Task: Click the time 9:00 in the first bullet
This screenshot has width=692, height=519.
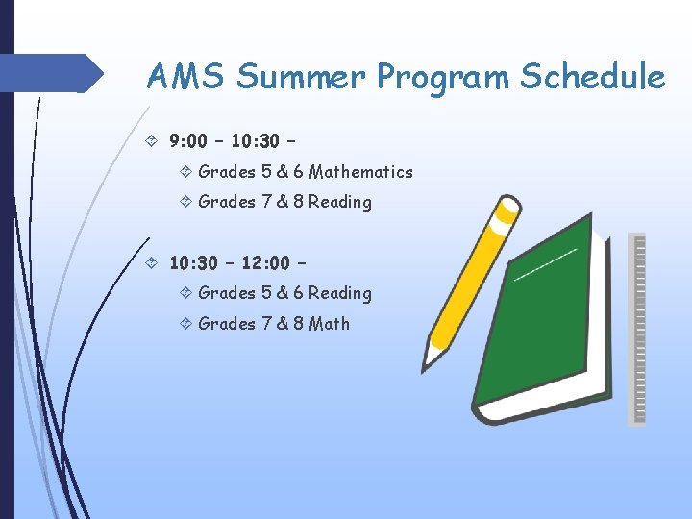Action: pyautogui.click(x=189, y=142)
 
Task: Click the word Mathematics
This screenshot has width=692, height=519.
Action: pyautogui.click(x=360, y=172)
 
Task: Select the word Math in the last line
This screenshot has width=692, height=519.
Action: pyautogui.click(x=330, y=324)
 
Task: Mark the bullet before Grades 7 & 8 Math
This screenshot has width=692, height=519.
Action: pyautogui.click(x=185, y=324)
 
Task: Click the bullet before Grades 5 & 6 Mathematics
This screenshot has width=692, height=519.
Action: pyautogui.click(x=185, y=172)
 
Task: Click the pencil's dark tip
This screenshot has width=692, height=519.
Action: pyautogui.click(x=426, y=364)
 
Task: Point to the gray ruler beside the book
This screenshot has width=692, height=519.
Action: pyautogui.click(x=636, y=327)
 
